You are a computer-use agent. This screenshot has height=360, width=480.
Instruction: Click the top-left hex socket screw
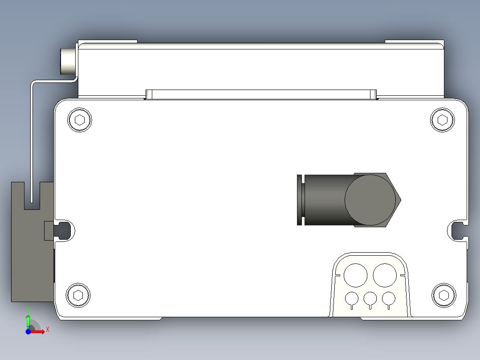pyautogui.click(x=80, y=120)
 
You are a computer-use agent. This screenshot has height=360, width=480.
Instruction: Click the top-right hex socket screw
pyautogui.click(x=443, y=120)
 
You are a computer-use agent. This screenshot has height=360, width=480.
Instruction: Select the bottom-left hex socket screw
pyautogui.click(x=78, y=295)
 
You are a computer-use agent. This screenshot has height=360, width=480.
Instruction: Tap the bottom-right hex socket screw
pyautogui.click(x=444, y=295)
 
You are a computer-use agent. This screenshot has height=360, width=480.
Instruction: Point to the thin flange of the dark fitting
pyautogui.click(x=300, y=200)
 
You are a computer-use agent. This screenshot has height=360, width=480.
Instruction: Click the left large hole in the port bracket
pyautogui.click(x=355, y=275)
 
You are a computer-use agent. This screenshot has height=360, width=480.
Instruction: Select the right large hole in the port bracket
pyautogui.click(x=385, y=275)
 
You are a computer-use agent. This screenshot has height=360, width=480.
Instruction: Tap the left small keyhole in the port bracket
pyautogui.click(x=352, y=299)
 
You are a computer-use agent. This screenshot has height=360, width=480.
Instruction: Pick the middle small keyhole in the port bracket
pyautogui.click(x=370, y=299)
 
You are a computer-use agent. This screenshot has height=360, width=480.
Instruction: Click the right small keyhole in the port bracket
pyautogui.click(x=389, y=299)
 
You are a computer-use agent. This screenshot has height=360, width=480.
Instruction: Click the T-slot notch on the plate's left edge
pyautogui.click(x=65, y=230)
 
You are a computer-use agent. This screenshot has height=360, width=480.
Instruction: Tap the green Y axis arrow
pyautogui.click(x=28, y=320)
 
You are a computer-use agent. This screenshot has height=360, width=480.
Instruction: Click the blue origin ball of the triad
pyautogui.click(x=28, y=331)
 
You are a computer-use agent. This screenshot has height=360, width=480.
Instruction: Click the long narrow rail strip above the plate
pyautogui.click(x=261, y=94)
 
